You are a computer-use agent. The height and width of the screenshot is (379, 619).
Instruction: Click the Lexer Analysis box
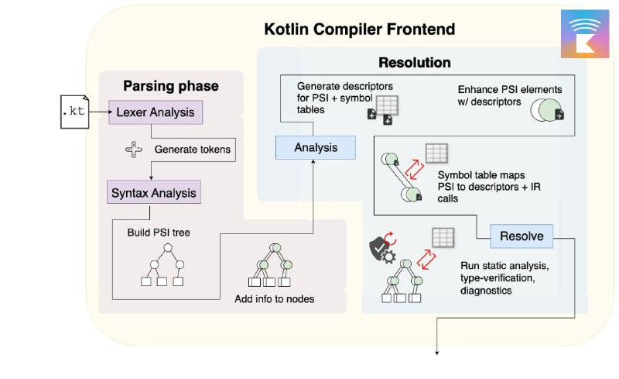point(156,112)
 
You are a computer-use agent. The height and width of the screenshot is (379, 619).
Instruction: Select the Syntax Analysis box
point(154,192)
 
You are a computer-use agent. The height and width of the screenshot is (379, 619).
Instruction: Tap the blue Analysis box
point(316,147)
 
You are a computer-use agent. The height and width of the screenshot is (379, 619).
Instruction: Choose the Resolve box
point(522,236)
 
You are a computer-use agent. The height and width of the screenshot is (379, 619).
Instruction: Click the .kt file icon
point(74,112)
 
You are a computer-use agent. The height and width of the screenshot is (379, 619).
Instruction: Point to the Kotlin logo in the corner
point(585,34)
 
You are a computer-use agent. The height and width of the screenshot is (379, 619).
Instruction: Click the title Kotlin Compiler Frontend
point(359,29)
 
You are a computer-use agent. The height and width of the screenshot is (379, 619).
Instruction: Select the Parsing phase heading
point(171,86)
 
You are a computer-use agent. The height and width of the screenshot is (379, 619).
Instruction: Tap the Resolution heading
point(415,63)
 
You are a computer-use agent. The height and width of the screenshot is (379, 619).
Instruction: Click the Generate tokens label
point(192,150)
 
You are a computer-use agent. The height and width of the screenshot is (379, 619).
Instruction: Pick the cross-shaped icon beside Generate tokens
point(134,150)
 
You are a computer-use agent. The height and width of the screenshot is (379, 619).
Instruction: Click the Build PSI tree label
point(159,233)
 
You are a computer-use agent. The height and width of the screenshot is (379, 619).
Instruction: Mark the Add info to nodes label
point(275,299)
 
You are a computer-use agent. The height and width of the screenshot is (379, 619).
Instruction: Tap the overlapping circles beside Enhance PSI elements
point(545,110)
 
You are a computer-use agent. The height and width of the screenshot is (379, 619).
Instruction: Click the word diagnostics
point(486,291)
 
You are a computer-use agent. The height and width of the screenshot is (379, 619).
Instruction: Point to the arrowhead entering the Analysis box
point(313,161)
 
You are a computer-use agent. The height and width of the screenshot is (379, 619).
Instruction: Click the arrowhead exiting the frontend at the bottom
point(437,353)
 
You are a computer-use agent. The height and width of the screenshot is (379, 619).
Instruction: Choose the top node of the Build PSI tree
point(168,248)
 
